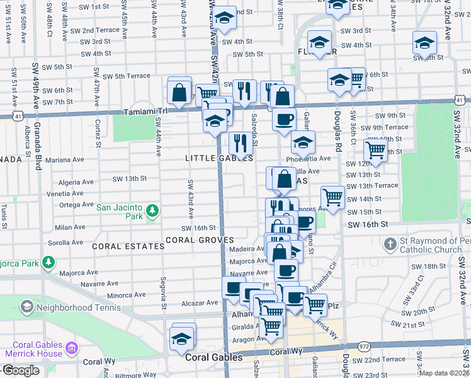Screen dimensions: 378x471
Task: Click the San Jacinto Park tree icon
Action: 151,210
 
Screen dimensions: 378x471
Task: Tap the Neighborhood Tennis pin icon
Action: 26,307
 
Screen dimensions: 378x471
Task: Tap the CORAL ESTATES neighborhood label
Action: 128,246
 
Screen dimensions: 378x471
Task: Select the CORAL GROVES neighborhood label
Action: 200,240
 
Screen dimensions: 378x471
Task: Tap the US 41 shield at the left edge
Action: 14,116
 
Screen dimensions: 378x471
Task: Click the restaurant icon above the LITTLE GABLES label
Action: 239,142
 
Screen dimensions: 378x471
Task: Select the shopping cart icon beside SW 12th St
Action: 375,150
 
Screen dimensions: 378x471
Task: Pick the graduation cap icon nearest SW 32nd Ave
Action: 424,43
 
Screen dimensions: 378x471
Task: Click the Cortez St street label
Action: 98,134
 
